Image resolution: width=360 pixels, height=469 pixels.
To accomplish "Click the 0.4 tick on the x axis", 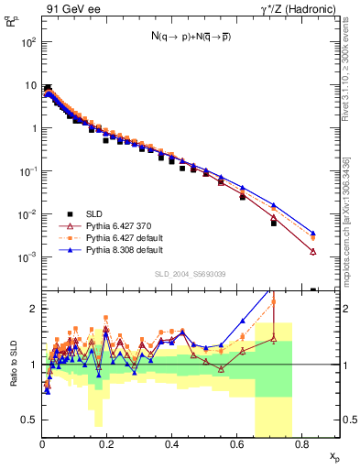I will pos(171,442).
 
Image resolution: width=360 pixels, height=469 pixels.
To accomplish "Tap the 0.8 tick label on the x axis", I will pos(300,442).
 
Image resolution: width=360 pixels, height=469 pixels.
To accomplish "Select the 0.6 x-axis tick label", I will pos(236,442).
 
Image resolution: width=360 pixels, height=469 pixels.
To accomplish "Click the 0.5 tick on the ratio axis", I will pos(30,420).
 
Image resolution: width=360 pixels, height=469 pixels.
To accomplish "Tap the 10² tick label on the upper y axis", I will pos(27,42).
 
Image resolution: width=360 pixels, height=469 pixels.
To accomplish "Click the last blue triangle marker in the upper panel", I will pos(313,234).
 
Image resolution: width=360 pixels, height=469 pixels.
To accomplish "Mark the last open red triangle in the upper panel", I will pos(313,252).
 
